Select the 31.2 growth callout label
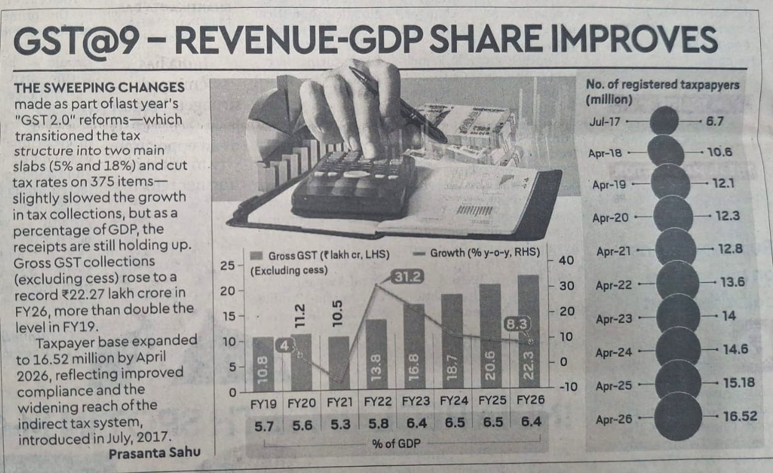point(407,277)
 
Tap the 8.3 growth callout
point(517,325)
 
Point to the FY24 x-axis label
point(454,401)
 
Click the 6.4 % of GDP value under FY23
point(416,423)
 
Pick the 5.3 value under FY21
point(340,424)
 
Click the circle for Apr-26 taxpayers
point(678,416)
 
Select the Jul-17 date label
point(605,122)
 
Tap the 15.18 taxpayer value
point(739,383)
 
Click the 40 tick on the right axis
point(566,260)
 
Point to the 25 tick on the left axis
point(227,266)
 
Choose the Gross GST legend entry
point(320,256)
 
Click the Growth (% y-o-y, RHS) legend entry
point(477,253)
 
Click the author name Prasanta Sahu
point(154,453)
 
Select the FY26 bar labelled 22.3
point(528,332)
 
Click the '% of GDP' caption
point(396,443)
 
